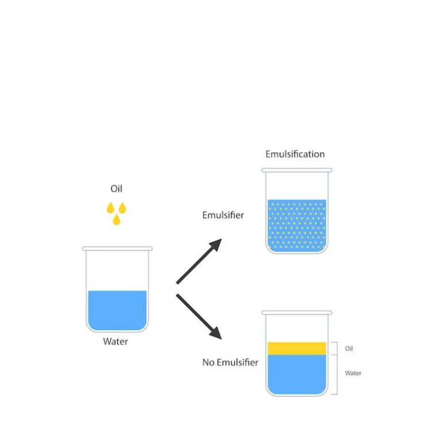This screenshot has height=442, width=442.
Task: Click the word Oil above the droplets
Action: coord(116,189)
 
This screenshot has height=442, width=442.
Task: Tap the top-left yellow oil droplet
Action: coord(110,208)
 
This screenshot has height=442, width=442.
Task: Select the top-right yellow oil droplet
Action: coord(122,208)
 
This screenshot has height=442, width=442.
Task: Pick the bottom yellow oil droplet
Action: coord(116,220)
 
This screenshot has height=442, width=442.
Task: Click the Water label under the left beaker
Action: coord(115,341)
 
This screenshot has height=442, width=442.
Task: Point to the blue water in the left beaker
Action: coord(117,311)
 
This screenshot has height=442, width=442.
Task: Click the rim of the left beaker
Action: coord(117,249)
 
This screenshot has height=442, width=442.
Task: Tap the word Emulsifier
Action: coord(223,215)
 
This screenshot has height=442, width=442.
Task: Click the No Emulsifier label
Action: coord(230,363)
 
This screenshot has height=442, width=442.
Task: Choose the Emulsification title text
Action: coord(295,154)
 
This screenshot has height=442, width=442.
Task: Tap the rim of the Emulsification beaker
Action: coord(297,170)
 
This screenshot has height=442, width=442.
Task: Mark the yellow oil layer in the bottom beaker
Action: coord(297,348)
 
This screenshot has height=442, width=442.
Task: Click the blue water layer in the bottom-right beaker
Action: coord(297,374)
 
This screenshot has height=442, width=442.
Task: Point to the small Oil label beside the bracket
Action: coord(349,349)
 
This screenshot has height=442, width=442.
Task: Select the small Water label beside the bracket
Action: coord(353,374)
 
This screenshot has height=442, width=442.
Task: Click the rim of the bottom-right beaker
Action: coord(297,313)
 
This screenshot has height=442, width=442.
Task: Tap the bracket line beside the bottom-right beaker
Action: coord(336,368)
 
